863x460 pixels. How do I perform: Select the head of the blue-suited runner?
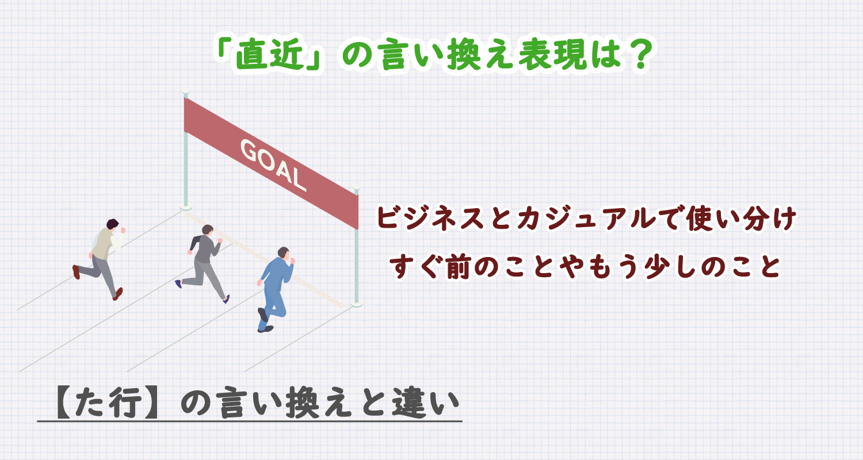pos(284,253)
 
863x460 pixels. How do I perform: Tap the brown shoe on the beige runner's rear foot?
pos(76,271)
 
